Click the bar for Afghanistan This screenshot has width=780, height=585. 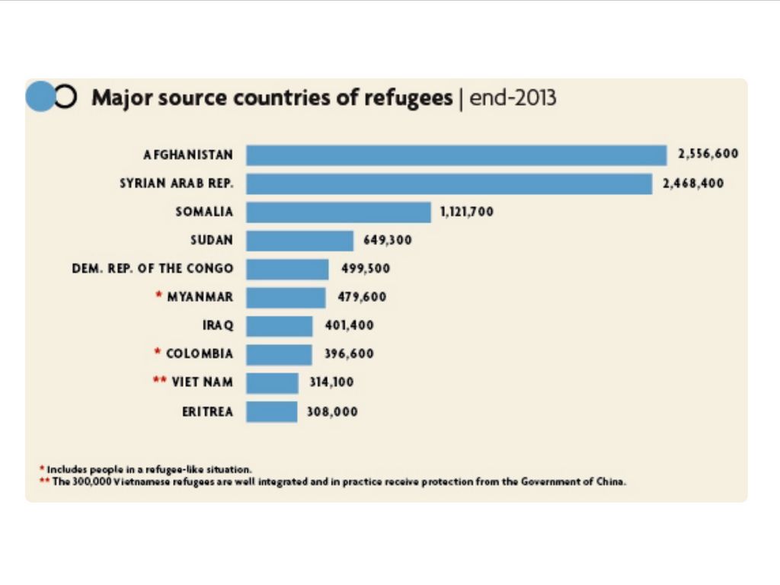(456, 155)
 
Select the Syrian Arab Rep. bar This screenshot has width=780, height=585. (449, 184)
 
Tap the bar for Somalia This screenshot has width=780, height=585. (338, 212)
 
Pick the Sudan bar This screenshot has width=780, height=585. (299, 241)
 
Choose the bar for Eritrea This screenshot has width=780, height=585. (271, 412)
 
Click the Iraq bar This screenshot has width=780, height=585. (279, 326)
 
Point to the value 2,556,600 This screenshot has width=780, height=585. (708, 154)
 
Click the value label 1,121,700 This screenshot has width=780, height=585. (466, 212)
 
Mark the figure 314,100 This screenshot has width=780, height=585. (331, 382)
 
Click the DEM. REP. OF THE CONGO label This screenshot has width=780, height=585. (152, 269)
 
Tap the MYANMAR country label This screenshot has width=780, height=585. (200, 297)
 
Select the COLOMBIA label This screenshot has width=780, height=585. (200, 354)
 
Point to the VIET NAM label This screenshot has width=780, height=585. (202, 382)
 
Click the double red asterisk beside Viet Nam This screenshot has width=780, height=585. (160, 381)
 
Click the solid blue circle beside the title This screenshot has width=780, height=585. (40, 97)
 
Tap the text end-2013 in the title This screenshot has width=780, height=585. (513, 98)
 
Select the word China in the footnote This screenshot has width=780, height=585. (613, 482)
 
